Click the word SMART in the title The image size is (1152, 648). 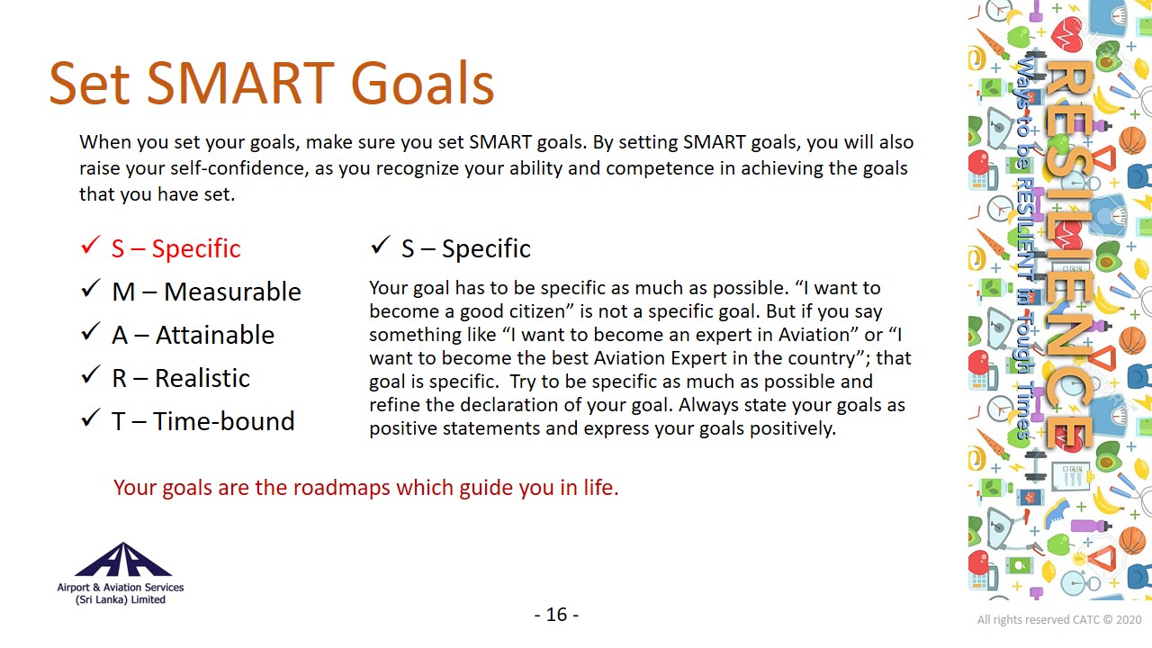coord(240,84)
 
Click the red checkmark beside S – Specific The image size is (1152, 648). coord(90,245)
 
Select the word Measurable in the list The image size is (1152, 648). coord(232,292)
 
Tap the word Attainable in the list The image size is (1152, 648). coord(215,335)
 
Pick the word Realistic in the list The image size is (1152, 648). coord(202,378)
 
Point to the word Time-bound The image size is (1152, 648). coord(224,420)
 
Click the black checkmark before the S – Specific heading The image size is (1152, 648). coord(380,245)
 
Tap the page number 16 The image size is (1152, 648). coord(556,615)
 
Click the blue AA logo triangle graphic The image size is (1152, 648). coord(123,560)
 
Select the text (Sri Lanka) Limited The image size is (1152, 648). coord(121,599)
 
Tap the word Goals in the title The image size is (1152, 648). coord(422,84)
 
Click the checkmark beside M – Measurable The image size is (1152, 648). coord(90,288)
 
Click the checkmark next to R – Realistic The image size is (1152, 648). coord(90,374)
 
